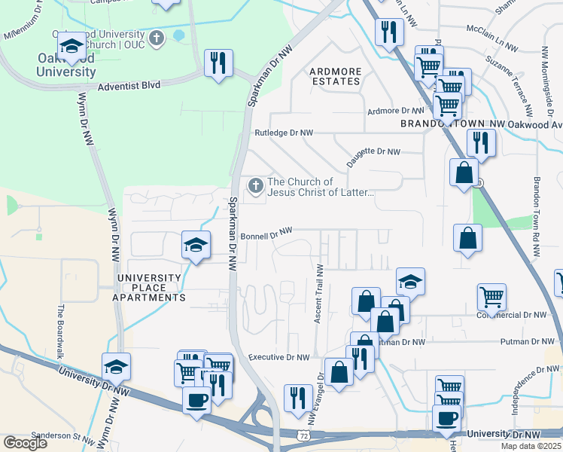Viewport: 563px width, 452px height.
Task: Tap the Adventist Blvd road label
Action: [129, 86]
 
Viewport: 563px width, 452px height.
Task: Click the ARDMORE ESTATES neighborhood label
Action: [336, 76]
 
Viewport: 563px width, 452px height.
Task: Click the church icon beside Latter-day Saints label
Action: [256, 185]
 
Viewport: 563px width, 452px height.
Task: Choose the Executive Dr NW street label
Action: [278, 357]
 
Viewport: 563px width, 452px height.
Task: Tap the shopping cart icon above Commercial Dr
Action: [491, 297]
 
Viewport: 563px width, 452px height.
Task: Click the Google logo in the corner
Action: [25, 443]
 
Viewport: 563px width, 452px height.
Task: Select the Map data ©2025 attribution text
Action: [531, 446]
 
